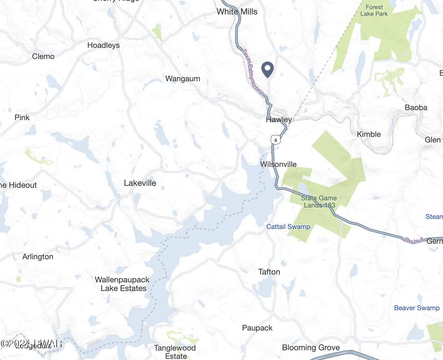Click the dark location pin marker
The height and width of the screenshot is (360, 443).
[x=268, y=69]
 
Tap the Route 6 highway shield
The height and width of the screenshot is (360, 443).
[x=275, y=140]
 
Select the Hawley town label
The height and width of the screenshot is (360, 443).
[x=279, y=120]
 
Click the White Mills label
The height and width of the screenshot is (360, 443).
[x=237, y=12]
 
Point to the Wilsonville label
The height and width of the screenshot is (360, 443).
[x=278, y=164]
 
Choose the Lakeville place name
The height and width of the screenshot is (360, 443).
[x=140, y=183]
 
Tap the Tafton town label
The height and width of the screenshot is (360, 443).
[x=269, y=272]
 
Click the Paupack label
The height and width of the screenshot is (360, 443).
[x=257, y=328]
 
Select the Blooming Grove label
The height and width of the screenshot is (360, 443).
[x=311, y=348]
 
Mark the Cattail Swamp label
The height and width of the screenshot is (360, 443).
[x=288, y=227]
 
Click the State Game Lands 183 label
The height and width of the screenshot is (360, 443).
[x=319, y=202]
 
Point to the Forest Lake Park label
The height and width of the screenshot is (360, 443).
[x=374, y=11]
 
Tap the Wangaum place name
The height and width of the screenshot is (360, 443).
[x=183, y=79]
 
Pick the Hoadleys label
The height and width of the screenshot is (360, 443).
[x=103, y=45]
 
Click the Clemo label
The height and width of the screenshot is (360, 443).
[x=43, y=56]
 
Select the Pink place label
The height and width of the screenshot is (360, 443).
[x=22, y=118]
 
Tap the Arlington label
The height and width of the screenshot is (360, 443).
[x=38, y=257]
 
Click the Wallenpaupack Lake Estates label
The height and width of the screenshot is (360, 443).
[x=123, y=284]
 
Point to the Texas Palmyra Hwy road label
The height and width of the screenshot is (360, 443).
[x=252, y=71]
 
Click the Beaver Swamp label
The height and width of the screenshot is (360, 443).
[x=417, y=308]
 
